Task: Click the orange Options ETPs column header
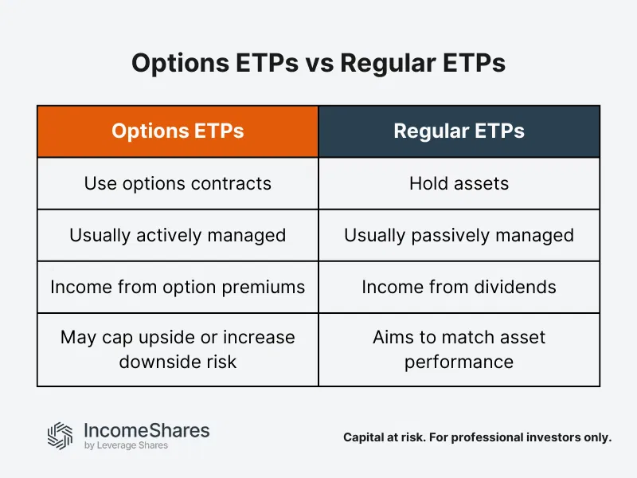(x=178, y=131)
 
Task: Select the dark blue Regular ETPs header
(x=459, y=131)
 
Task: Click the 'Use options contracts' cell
(x=178, y=183)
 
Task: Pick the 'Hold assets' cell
(x=459, y=183)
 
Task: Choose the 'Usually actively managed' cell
(x=178, y=235)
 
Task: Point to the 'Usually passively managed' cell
(x=459, y=235)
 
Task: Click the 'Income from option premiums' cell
(x=178, y=287)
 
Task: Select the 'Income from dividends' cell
(x=459, y=287)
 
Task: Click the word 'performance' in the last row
(x=459, y=362)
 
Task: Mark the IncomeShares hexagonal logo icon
(x=60, y=435)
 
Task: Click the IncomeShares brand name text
(x=147, y=430)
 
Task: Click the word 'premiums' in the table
(x=267, y=287)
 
